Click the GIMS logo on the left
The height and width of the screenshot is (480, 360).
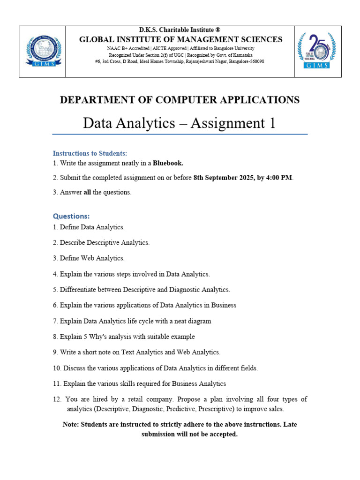click(x=42, y=51)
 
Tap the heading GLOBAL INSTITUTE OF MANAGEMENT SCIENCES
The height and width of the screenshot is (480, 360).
click(x=180, y=39)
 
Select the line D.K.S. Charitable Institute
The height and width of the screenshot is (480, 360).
click(x=180, y=30)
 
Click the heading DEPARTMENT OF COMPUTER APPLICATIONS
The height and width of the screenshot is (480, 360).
click(x=180, y=99)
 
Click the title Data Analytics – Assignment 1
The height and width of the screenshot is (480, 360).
click(x=180, y=123)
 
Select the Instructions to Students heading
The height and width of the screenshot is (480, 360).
click(x=90, y=153)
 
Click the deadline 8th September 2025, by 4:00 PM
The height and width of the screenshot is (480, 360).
click(x=243, y=178)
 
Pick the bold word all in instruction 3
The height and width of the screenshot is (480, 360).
click(x=87, y=192)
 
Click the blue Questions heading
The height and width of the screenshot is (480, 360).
click(x=71, y=216)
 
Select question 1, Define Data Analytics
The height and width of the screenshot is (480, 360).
click(x=89, y=227)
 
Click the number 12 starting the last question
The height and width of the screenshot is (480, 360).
click(x=57, y=399)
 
